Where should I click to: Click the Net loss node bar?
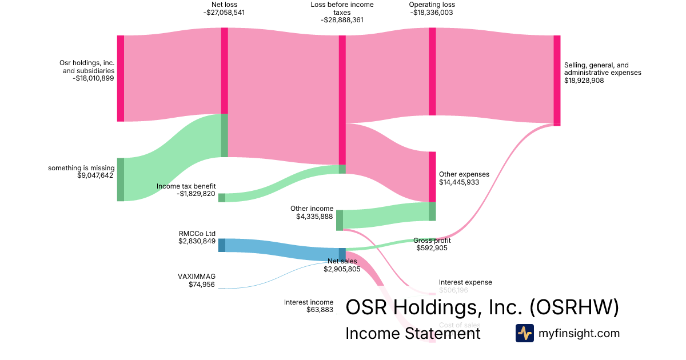click(x=225, y=91)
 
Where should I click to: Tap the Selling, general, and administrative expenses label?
click(x=602, y=69)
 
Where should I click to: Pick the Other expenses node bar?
click(x=432, y=176)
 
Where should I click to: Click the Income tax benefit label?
click(x=186, y=186)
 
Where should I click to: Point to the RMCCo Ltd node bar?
click(x=221, y=245)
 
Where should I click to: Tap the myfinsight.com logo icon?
click(x=524, y=333)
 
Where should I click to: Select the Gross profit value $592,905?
click(x=432, y=248)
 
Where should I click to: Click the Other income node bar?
click(x=340, y=220)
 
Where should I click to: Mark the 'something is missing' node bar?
click(x=120, y=179)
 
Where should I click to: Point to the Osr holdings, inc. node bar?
click(x=120, y=78)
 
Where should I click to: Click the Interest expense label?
click(x=465, y=282)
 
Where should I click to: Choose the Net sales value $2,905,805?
click(x=342, y=269)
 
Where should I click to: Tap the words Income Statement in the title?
click(x=413, y=333)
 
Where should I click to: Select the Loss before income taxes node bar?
click(x=342, y=100)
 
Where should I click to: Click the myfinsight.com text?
click(x=579, y=333)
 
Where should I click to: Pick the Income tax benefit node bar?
click(x=221, y=198)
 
